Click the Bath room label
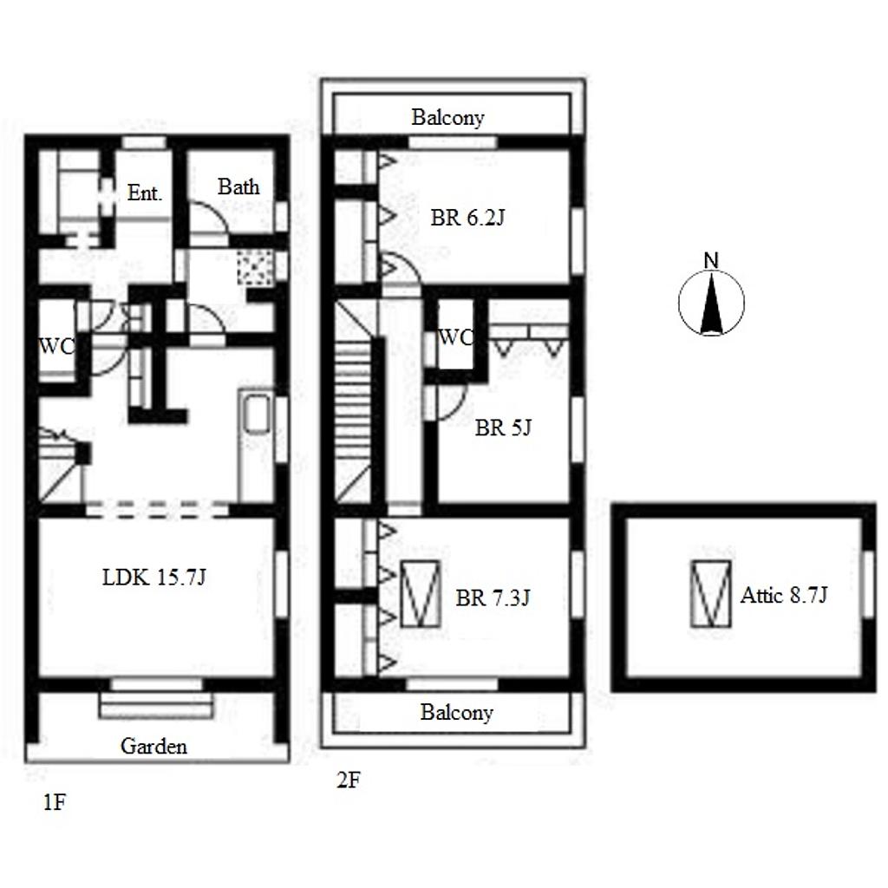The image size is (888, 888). pos(238,186)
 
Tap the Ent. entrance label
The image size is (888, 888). pos(145,193)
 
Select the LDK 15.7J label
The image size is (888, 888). pos(154,577)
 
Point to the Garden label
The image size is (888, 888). pos(153,746)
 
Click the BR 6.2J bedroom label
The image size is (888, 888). pos(467,217)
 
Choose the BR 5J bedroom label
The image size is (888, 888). pos(503,428)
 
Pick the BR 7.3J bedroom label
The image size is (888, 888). pos(493,597)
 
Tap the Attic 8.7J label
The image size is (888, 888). pos(784,595)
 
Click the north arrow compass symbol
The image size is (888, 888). pos(711,303)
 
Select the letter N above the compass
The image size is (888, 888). pos(711,260)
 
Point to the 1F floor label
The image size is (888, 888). pos(55,802)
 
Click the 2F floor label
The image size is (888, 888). pos(349,780)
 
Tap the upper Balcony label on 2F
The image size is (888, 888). pos(447,117)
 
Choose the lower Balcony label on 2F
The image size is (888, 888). pos(456,712)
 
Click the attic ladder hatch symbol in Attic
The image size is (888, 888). pos(711,593)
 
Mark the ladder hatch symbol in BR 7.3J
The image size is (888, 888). pos(421,593)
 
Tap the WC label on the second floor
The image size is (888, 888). pos(455,337)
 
